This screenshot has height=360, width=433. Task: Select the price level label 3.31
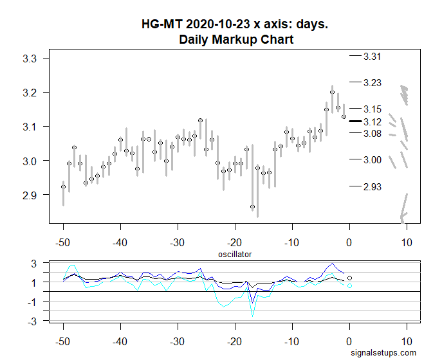[372, 57]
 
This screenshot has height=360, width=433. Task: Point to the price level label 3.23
[372, 82]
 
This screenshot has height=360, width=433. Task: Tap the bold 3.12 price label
[372, 122]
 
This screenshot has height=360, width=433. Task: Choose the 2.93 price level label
[372, 186]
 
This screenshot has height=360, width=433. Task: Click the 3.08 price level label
[372, 133]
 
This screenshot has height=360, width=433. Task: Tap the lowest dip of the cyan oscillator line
[252, 316]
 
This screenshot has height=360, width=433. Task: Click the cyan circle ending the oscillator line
[349, 285]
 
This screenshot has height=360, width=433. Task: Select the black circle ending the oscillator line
[349, 278]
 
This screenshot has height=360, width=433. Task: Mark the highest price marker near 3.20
[332, 92]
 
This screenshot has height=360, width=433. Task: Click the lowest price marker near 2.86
[252, 206]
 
